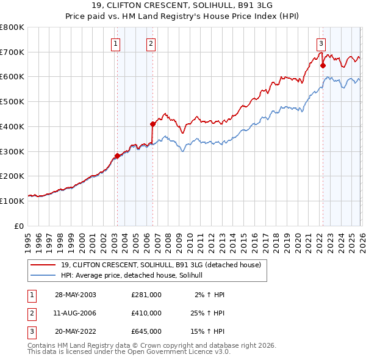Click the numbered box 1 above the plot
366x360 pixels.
click(x=116, y=43)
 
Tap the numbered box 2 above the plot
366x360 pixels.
click(x=151, y=43)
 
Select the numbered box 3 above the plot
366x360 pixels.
click(x=321, y=43)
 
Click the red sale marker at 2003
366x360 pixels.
click(x=117, y=156)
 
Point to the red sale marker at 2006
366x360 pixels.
click(x=152, y=124)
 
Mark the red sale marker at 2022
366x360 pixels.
click(x=323, y=65)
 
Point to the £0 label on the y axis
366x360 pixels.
click(x=18, y=226)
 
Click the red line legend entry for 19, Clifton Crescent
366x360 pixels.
click(x=161, y=265)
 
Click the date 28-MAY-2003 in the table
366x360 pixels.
click(x=76, y=295)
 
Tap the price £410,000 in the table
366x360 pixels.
click(x=146, y=313)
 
